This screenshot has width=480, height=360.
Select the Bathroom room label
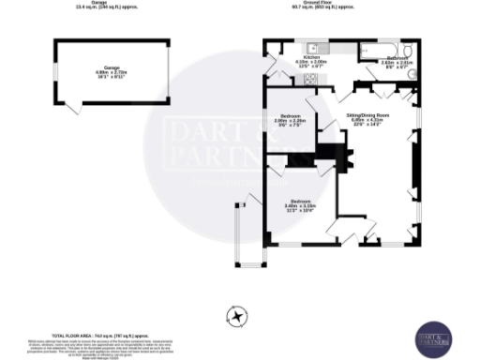point(397,58)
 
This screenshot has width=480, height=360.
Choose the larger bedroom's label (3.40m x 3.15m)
point(300,202)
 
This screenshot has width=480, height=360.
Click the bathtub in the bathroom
point(377,47)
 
